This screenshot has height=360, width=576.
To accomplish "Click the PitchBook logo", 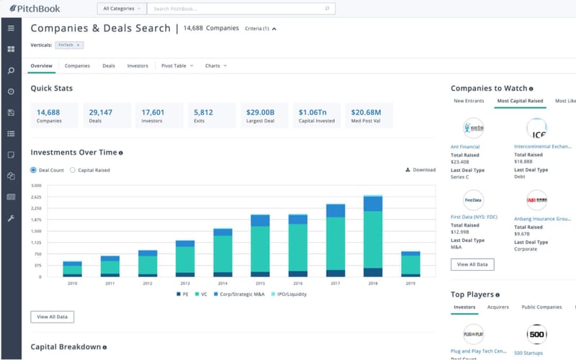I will coord(35,9).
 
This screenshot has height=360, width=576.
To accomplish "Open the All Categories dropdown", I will coord(121,9).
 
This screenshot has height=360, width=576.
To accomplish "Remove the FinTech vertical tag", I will coord(79,45).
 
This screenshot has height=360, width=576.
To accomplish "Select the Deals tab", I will coord(109,66).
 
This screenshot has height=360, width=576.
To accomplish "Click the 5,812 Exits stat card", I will coord(212,115).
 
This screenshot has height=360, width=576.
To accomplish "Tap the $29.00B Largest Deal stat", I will coord(264,115).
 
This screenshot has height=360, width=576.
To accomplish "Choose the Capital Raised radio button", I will coord(72,170).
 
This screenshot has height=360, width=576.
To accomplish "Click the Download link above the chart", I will coord(420,170).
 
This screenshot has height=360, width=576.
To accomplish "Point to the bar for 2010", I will coord(72,269).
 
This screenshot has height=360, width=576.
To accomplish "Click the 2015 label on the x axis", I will coord(260,283).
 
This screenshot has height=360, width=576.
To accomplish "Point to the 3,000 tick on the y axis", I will coord(37,185).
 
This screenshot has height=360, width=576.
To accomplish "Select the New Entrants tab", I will coord(469,101).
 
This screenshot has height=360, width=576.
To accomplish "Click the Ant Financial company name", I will coord(465,147).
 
